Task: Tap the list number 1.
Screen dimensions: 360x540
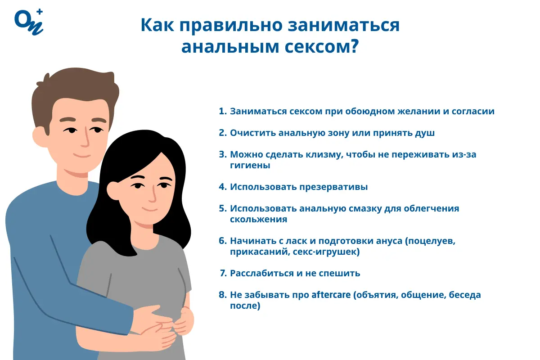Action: (x=222, y=111)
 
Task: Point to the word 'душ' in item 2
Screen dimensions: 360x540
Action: (x=426, y=133)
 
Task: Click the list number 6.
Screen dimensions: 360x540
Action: (x=222, y=241)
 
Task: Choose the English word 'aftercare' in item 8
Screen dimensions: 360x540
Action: (x=331, y=295)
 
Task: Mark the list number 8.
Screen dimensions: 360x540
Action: (x=222, y=295)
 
